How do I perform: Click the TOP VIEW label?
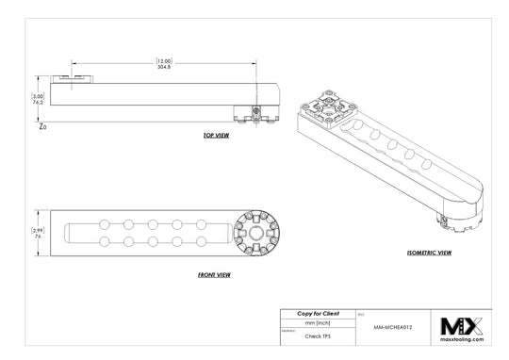pos(216,136)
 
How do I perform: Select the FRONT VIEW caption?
pos(216,275)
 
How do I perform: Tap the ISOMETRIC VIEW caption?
pos(428,254)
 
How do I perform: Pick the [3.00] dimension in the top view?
pos(38,95)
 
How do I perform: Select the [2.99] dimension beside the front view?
pos(38,229)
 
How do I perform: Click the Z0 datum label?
pos(42,125)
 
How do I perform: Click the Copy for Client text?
pos(317,312)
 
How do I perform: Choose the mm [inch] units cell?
pos(317,322)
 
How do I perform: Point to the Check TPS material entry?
pos(317,335)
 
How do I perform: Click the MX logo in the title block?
pos(462,325)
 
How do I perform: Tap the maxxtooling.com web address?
pos(462,340)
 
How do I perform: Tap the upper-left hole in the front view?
pos(103,224)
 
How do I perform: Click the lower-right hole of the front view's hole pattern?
pos(201,242)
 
